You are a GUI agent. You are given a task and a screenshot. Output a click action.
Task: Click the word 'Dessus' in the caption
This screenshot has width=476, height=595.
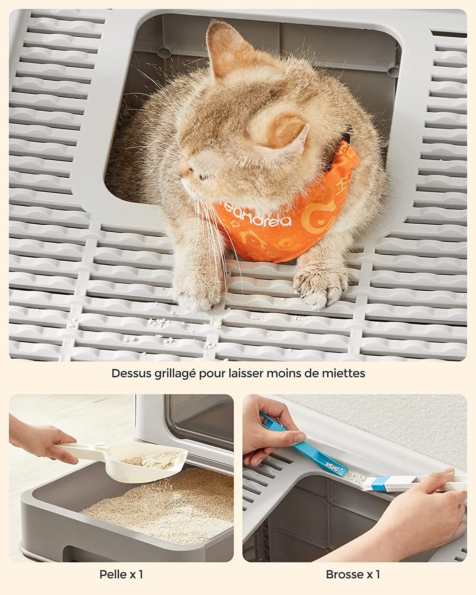click(129, 373)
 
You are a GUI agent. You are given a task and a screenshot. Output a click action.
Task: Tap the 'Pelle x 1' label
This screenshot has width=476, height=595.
click(121, 574)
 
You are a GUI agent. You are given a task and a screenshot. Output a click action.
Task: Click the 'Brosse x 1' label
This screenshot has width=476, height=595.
click(353, 574)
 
